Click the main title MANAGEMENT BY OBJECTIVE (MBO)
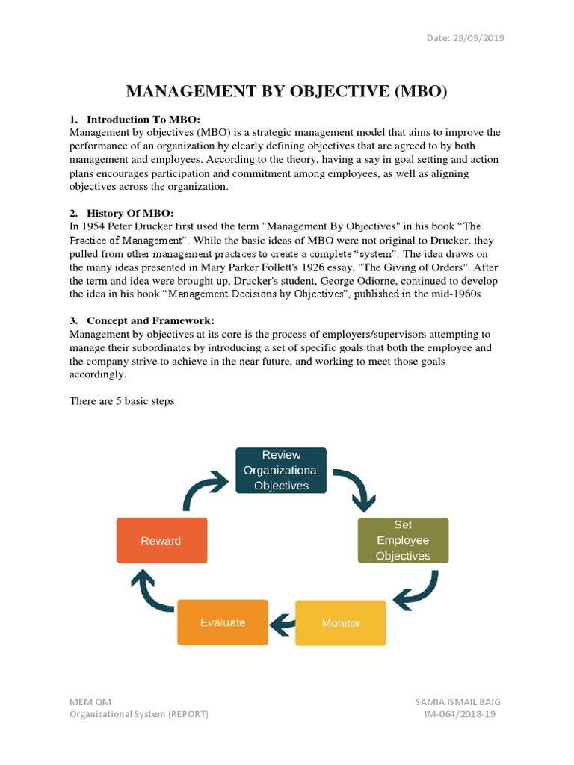tap(286, 91)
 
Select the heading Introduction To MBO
tap(143, 120)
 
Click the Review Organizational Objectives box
tap(281, 470)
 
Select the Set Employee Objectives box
tap(403, 540)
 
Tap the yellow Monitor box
tap(341, 622)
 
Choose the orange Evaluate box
tap(222, 622)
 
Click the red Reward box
tap(161, 540)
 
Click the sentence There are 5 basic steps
tap(122, 401)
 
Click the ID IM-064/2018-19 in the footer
tap(459, 714)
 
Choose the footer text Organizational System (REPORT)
tap(139, 714)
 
